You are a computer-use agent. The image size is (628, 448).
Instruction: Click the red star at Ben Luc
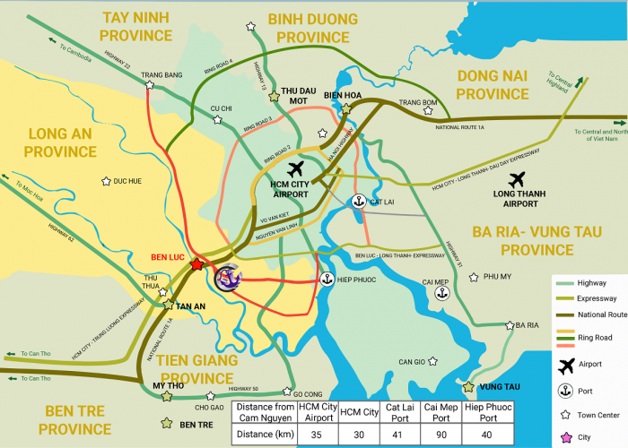point(196,265)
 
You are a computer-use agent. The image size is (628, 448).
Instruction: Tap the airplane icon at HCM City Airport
point(296,169)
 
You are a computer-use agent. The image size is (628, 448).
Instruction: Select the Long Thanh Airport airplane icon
point(540,180)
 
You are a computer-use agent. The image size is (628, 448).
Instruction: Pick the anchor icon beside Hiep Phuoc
point(327,280)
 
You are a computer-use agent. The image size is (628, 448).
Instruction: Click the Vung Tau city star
point(468,388)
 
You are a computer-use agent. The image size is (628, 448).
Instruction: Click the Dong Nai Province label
point(505,84)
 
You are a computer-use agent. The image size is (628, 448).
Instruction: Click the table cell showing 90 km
point(436,435)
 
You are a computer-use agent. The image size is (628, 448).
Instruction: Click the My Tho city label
point(162,385)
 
